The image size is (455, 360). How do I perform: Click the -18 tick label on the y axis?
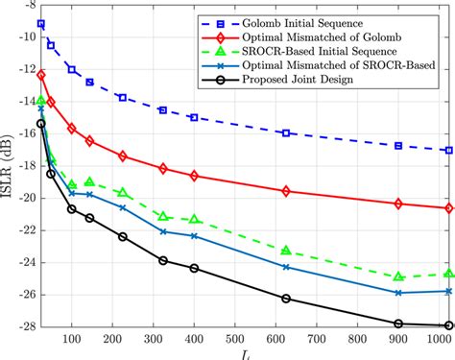17,166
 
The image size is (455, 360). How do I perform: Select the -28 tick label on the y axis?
17,326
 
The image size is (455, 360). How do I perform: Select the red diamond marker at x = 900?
398,204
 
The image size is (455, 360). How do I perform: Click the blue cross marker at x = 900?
398,293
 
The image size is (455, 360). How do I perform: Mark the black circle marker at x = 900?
398,324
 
